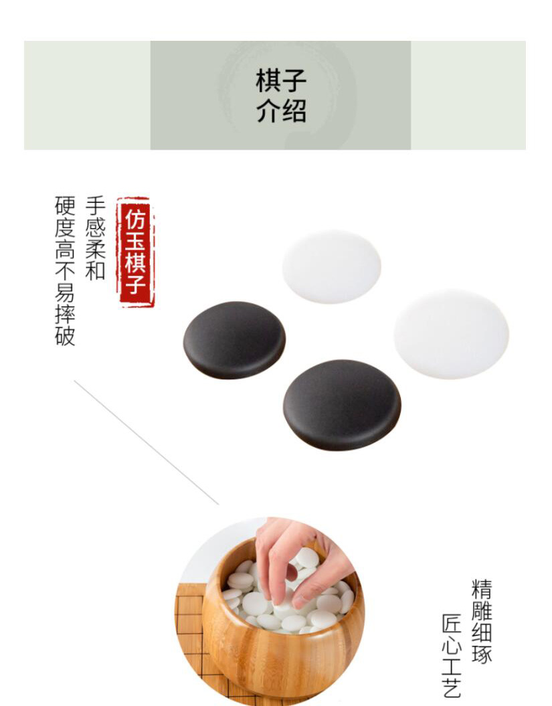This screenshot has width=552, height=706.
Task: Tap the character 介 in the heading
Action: pos(268,111)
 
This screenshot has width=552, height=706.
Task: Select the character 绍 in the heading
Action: pos(294,111)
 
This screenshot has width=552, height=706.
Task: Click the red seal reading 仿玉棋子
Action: pos(135,252)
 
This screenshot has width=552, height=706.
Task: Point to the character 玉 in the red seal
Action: pos(135,239)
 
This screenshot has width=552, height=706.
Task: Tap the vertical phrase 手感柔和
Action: pos(95,238)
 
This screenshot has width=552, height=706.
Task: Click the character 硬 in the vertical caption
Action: pos(65,206)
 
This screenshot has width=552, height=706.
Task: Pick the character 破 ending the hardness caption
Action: pos(65,335)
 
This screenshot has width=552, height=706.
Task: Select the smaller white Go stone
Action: pos(331,266)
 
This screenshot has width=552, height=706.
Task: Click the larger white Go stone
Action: pos(451,334)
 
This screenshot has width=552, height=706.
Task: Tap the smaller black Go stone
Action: pos(234,340)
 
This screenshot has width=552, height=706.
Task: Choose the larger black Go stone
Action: pos(342,405)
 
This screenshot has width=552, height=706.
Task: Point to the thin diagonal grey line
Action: pos(147,442)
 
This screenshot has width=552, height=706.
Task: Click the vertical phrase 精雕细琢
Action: pos(482,622)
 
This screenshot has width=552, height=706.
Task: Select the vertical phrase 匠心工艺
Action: pos(452,656)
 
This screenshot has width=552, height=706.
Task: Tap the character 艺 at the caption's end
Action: pos(452,688)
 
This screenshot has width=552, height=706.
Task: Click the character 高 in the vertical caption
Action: pos(65,250)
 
